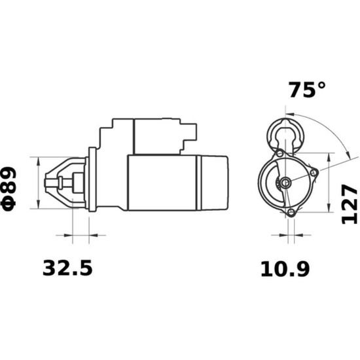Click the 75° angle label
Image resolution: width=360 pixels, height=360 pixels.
(x=307, y=90)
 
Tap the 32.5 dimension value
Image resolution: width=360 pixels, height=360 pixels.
(x=67, y=268)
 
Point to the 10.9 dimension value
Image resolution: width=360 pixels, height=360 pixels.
(x=285, y=269)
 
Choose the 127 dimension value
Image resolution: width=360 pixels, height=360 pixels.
(x=350, y=204)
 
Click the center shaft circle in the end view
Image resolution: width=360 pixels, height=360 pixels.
(x=285, y=183)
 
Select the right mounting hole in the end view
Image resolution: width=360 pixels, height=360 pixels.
(x=314, y=173)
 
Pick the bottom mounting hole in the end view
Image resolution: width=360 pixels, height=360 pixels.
(x=291, y=212)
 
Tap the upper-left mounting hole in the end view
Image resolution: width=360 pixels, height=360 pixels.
(x=280, y=153)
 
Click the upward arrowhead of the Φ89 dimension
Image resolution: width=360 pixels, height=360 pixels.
(x=39, y=162)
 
